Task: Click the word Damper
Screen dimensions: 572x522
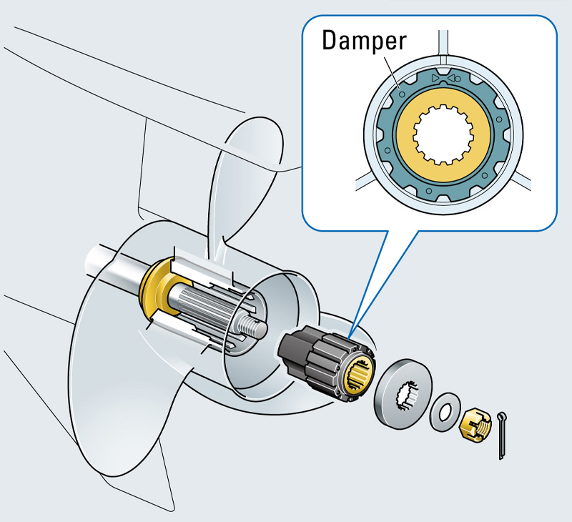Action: tap(364, 41)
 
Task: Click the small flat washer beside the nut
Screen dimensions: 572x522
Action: tap(445, 412)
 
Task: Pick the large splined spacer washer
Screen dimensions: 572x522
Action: tap(403, 394)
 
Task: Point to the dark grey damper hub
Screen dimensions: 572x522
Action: tap(326, 362)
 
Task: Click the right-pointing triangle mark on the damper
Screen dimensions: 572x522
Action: tap(434, 78)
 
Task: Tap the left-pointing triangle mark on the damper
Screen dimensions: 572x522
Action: tap(451, 78)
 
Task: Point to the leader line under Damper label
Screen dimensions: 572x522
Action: tap(393, 72)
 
